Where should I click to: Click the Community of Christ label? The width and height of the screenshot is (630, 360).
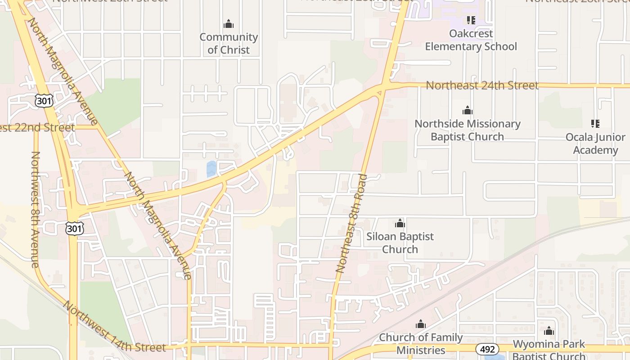point(229,43)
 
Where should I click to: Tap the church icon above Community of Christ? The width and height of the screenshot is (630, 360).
point(229,24)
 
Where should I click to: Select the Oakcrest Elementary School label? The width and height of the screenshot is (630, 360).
point(471,40)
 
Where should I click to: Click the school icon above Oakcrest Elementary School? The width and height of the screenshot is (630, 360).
point(471,20)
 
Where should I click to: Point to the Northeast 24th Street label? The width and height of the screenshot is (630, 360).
point(482,85)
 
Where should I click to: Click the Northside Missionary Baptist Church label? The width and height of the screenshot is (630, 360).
point(468,130)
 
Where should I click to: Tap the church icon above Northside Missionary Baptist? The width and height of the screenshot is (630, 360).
point(468,110)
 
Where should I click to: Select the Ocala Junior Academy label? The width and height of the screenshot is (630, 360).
point(595,144)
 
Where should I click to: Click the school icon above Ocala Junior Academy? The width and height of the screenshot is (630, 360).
point(595,123)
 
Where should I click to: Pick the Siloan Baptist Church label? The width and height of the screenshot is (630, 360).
point(400,243)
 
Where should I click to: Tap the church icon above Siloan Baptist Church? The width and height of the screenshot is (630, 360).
point(400,223)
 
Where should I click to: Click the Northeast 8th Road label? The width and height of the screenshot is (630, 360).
point(352,224)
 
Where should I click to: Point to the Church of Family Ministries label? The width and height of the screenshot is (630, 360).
point(421,343)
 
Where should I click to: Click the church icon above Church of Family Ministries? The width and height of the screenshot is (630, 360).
point(421,324)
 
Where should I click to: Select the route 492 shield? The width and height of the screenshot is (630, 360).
point(487,349)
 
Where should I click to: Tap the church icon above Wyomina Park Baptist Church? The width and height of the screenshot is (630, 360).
point(549,331)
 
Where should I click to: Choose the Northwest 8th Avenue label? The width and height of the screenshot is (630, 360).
point(35,209)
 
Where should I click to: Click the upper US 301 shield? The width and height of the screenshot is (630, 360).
point(44,101)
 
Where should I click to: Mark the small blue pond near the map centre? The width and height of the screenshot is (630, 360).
point(211,169)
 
